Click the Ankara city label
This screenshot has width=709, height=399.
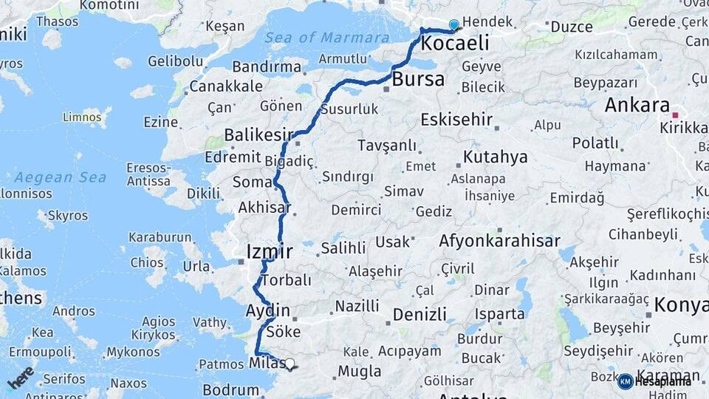pyautogui.click(x=637, y=105)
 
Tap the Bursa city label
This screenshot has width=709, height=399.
pyautogui.click(x=418, y=79)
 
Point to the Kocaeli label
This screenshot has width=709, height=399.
pyautogui.click(x=454, y=44)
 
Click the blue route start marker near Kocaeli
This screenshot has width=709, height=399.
pyautogui.click(x=453, y=25)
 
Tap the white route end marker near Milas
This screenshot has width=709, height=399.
pyautogui.click(x=290, y=364)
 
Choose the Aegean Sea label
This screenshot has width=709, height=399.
pyautogui.click(x=60, y=177)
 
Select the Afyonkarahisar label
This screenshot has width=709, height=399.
pyautogui.click(x=499, y=241)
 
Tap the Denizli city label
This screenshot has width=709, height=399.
pyautogui.click(x=419, y=315)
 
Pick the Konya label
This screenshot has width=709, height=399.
pyautogui.click(x=682, y=304)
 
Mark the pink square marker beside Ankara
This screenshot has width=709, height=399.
pyautogui.click(x=675, y=115)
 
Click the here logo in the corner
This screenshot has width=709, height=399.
pyautogui.click(x=21, y=378)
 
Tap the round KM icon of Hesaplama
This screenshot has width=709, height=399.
pyautogui.click(x=625, y=381)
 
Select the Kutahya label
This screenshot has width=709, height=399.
pyautogui.click(x=495, y=157)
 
